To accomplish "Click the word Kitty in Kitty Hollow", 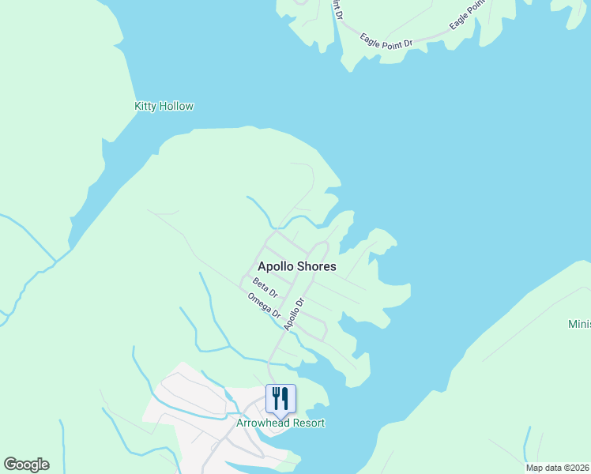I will tap(145, 106).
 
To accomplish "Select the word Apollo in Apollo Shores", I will tap(276, 267).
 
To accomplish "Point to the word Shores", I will tap(316, 267).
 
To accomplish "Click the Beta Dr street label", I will tap(266, 288).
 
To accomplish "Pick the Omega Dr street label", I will tap(265, 307).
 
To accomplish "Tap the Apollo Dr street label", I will tap(294, 314).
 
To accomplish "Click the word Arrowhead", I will tap(264, 423).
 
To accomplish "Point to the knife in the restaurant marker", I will tap(284, 397).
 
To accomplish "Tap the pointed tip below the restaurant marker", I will tap(280, 416).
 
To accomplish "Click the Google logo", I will tap(26, 465).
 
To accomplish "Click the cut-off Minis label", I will tap(579, 325).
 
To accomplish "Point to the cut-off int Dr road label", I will tap(337, 9).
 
